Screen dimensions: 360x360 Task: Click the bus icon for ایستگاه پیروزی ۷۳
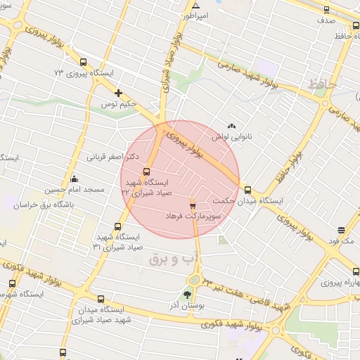(84, 61)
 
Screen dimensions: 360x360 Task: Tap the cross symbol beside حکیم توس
(118, 93)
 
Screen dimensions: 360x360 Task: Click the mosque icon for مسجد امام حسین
(75, 179)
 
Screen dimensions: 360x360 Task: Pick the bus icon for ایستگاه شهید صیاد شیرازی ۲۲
(146, 172)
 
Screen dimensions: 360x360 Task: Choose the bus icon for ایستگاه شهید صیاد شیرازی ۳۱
(117, 227)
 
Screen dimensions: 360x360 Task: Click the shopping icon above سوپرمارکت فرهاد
(193, 205)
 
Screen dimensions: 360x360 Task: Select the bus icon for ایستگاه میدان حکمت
(247, 189)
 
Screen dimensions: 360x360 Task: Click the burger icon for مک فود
(342, 230)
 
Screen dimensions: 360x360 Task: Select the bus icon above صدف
(326, 9)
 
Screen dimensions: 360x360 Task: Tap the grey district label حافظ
(323, 86)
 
